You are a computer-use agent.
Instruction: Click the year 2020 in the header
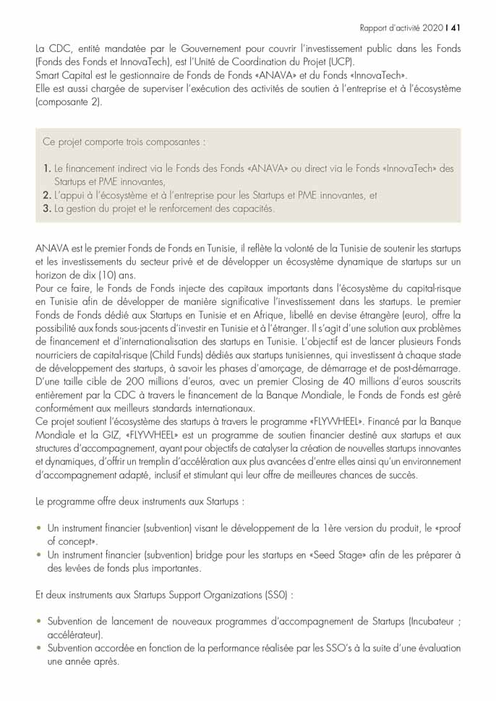(x=431, y=28)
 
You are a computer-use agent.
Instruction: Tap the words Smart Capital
(x=61, y=74)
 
